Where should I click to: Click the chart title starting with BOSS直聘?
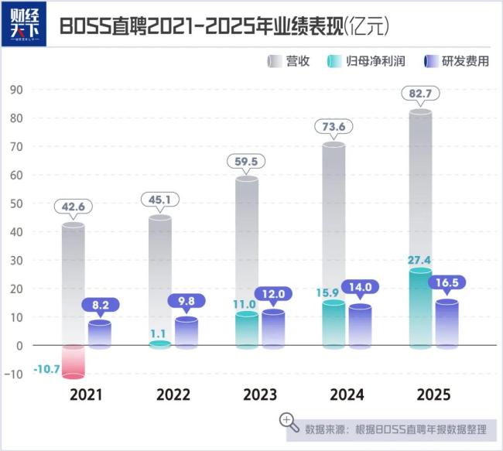pos(224,26)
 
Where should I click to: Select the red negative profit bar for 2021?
pos(74,361)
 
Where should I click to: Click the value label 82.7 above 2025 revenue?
pos(420,94)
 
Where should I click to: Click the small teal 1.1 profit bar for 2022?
pos(159,344)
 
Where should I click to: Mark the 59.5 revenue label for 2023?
pos(247,162)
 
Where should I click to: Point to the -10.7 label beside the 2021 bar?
pos(46,371)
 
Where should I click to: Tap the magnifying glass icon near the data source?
pos(289,421)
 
